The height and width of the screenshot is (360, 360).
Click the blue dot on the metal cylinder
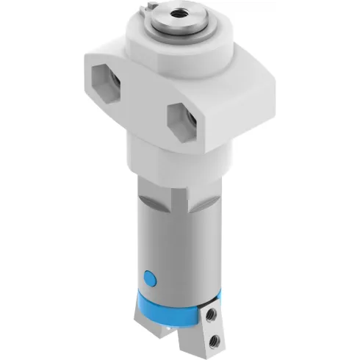tap(151, 278)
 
